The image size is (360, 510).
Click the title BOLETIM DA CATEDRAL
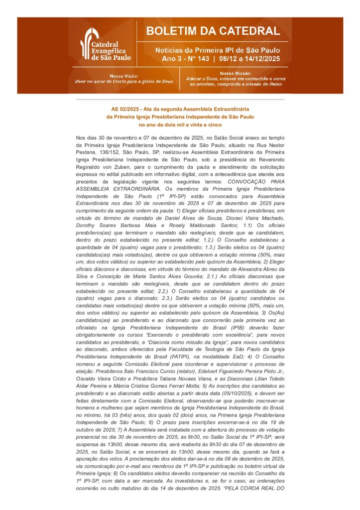click(x=213, y=31)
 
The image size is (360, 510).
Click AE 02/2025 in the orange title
click(x=125, y=109)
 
